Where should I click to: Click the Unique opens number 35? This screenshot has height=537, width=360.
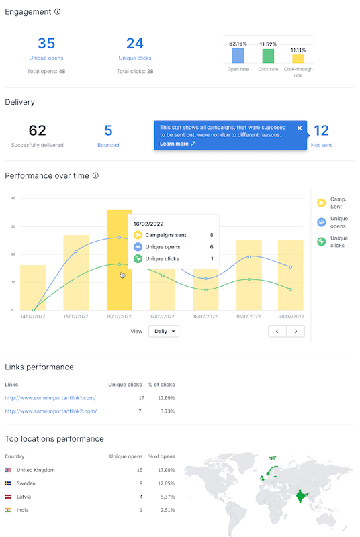pos(46,44)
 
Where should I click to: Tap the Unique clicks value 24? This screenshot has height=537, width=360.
pos(135,44)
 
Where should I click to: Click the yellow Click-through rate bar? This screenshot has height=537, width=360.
pos(298,59)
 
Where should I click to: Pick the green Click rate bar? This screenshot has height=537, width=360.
pos(268,56)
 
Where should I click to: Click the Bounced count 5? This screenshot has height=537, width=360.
pos(108,130)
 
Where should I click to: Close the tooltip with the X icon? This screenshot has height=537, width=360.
pos(300,128)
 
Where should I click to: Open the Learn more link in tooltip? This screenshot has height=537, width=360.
pos(178,144)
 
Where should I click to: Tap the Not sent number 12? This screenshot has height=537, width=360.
pos(321,130)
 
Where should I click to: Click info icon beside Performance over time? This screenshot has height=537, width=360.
pos(96,176)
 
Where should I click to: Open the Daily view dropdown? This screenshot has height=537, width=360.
pos(164,331)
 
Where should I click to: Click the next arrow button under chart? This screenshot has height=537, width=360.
pos(296,331)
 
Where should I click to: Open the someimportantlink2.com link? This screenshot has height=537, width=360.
pos(50,411)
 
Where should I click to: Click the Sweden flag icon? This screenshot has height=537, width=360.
pos(8,483)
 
